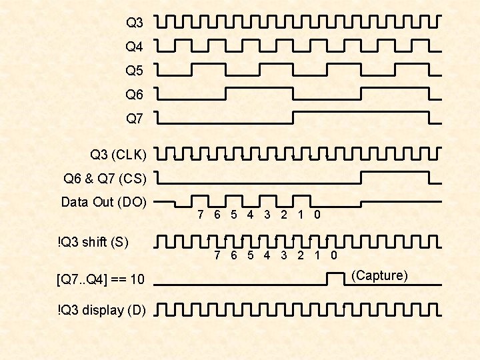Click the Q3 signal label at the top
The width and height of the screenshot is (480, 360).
pyautogui.click(x=135, y=23)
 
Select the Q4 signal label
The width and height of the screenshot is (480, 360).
pyautogui.click(x=135, y=47)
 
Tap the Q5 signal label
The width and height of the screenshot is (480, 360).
pyautogui.click(x=135, y=70)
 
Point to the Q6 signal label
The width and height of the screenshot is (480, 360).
pyautogui.click(x=135, y=94)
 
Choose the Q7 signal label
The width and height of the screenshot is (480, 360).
pyautogui.click(x=135, y=119)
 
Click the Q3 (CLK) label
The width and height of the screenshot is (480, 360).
pyautogui.click(x=119, y=155)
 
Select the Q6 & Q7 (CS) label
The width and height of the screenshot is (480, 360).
pyautogui.click(x=105, y=179)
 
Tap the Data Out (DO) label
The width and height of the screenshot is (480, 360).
pyautogui.click(x=104, y=202)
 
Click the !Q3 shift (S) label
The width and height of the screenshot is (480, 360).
pyautogui.click(x=93, y=242)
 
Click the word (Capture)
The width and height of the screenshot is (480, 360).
pyautogui.click(x=379, y=275)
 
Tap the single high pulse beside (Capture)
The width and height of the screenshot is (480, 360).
pyautogui.click(x=334, y=277)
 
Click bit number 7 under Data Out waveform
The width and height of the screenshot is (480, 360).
pyautogui.click(x=201, y=215)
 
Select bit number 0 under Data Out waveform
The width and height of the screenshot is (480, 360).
pyautogui.click(x=317, y=215)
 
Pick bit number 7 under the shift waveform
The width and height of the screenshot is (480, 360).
pyautogui.click(x=217, y=255)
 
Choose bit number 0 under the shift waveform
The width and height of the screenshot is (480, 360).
pyautogui.click(x=334, y=255)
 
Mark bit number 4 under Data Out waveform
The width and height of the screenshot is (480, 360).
pyautogui.click(x=250, y=215)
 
